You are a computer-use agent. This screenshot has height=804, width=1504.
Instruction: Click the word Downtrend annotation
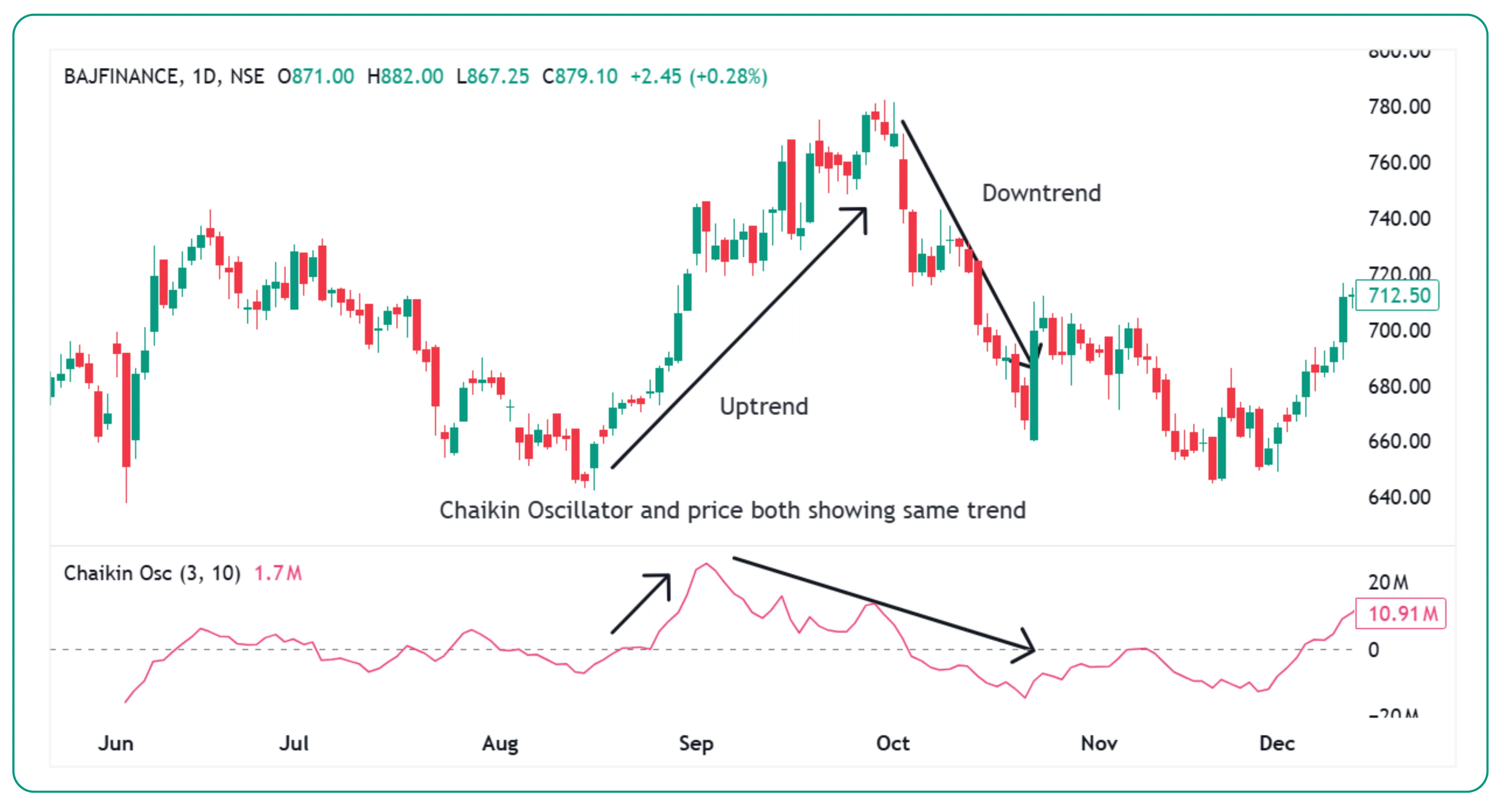pyautogui.click(x=1041, y=193)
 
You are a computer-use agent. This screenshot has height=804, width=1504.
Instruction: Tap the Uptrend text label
pyautogui.click(x=764, y=406)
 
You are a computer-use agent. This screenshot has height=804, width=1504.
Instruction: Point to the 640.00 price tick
pyautogui.click(x=1399, y=497)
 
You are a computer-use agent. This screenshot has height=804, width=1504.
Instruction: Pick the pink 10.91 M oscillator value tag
pyautogui.click(x=1401, y=614)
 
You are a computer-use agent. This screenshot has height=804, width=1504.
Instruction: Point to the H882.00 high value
pyautogui.click(x=405, y=77)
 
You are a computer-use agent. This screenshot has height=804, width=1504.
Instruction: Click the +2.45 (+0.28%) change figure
pyautogui.click(x=698, y=77)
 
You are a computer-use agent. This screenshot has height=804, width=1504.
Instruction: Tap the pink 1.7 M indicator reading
pyautogui.click(x=278, y=574)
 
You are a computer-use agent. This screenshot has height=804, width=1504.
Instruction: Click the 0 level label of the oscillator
pyautogui.click(x=1374, y=650)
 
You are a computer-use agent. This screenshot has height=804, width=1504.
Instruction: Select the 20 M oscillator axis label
pyautogui.click(x=1389, y=582)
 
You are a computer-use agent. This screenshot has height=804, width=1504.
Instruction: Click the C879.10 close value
pyautogui.click(x=580, y=77)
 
